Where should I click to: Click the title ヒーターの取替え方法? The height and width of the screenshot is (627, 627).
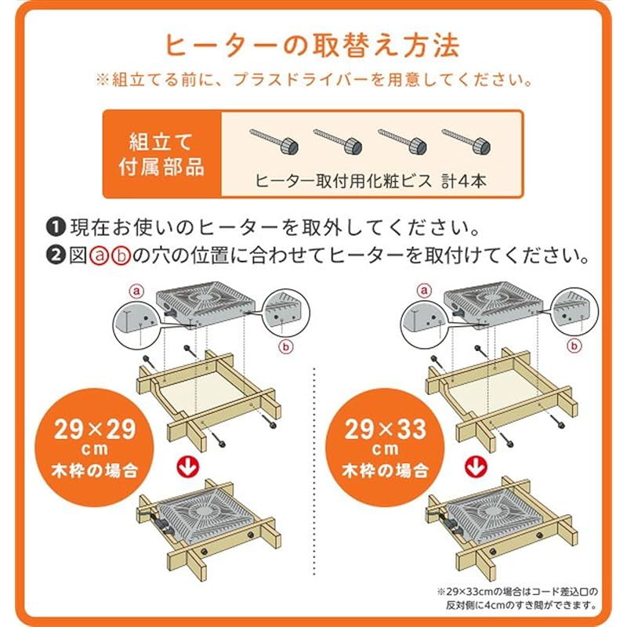click(313, 45)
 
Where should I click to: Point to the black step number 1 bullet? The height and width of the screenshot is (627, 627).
click(56, 229)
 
